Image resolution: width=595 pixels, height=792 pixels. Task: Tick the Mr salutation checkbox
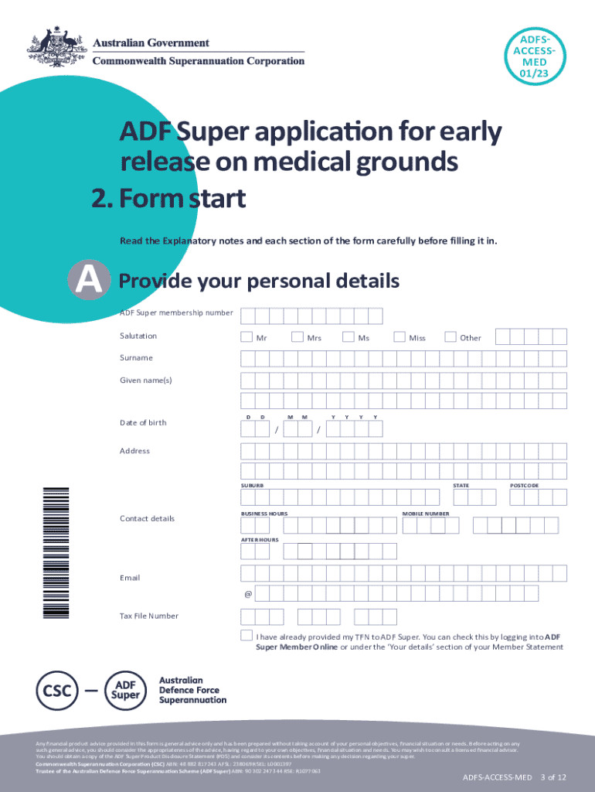click(246, 336)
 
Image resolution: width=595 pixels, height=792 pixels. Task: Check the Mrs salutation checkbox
click(297, 336)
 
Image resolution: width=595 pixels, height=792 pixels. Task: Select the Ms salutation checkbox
click(348, 336)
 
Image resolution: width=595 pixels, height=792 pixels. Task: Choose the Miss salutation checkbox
click(399, 336)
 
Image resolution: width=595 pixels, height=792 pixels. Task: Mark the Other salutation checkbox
click(450, 336)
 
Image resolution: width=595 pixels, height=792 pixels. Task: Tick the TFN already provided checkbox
click(246, 635)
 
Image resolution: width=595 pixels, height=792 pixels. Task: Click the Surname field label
click(136, 358)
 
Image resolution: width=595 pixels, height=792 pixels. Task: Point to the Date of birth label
click(143, 422)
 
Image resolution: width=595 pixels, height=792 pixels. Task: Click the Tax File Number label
click(148, 616)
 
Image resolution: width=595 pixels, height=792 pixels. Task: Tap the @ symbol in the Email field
click(248, 595)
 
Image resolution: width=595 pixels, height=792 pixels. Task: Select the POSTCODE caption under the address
click(524, 486)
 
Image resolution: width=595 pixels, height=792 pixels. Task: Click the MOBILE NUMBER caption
click(426, 514)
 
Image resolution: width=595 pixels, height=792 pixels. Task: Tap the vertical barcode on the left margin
click(56, 551)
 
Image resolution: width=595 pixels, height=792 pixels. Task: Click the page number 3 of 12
click(556, 777)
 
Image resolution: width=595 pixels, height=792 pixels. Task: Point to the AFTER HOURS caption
click(260, 539)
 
